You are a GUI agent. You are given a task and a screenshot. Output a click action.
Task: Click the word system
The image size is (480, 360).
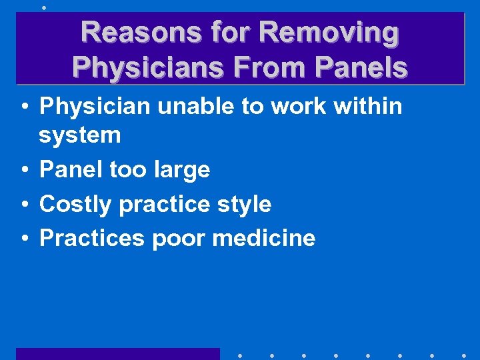click(x=80, y=135)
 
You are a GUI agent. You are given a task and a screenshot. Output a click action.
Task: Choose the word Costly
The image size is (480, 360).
click(x=75, y=204)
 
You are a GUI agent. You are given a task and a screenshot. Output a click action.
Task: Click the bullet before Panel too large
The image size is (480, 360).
click(x=23, y=170)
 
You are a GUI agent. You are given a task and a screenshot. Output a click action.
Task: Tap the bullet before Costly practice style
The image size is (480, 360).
click(x=23, y=204)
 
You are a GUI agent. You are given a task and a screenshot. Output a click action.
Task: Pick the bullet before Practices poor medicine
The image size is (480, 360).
click(x=23, y=238)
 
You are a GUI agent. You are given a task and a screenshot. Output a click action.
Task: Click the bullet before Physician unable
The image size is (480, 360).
click(x=23, y=105)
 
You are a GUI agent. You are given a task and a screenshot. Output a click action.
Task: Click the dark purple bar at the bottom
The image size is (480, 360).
click(x=117, y=354)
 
